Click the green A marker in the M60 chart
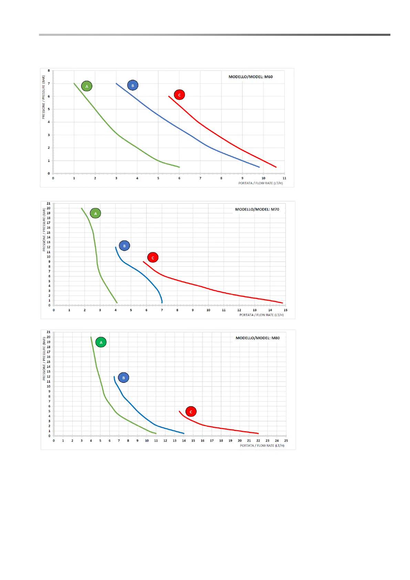click(x=87, y=86)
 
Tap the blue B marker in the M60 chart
click(x=133, y=85)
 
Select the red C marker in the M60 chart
click(x=179, y=95)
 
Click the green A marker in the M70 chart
click(x=95, y=214)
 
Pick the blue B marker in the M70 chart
click(x=124, y=246)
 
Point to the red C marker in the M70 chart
click(x=153, y=258)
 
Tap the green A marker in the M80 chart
click(x=101, y=342)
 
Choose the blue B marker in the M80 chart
click(x=124, y=378)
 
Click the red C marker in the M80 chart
click(x=191, y=412)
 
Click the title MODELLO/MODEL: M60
click(x=251, y=77)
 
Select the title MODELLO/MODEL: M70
click(x=257, y=209)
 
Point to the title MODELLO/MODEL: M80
click(x=257, y=338)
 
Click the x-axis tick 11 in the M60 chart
click(x=284, y=178)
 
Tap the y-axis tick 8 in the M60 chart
click(x=49, y=71)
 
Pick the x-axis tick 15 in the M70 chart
click(x=285, y=310)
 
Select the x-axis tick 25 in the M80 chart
click(x=286, y=441)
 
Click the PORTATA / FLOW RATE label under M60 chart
click(x=261, y=183)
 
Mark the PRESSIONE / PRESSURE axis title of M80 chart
click(x=44, y=359)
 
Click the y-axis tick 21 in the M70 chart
click(x=49, y=203)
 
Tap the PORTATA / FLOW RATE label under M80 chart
click(x=262, y=446)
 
